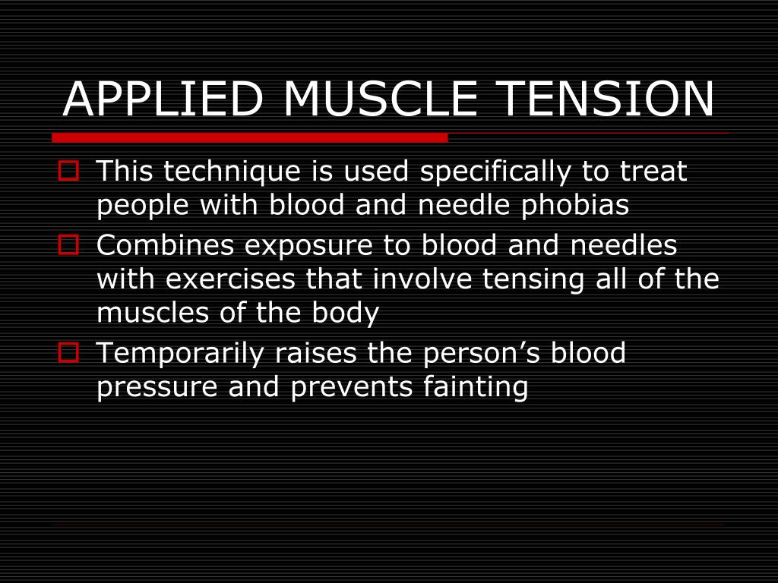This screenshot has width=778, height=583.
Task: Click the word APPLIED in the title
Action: (x=163, y=99)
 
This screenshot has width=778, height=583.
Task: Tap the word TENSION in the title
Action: (x=606, y=99)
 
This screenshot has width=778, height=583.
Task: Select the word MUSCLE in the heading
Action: (x=380, y=99)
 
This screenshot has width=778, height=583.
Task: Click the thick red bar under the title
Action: (x=250, y=138)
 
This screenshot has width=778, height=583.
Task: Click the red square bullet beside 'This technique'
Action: (x=68, y=171)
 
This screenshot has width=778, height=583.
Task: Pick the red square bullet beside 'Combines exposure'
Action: (x=68, y=245)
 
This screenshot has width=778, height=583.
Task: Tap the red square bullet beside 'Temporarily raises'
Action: (x=68, y=353)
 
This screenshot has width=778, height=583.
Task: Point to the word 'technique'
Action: (x=232, y=172)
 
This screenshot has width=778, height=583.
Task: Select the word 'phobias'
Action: (x=575, y=205)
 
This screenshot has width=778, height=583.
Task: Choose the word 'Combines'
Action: (x=165, y=245)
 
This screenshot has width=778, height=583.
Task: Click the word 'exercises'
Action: (x=231, y=279)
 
